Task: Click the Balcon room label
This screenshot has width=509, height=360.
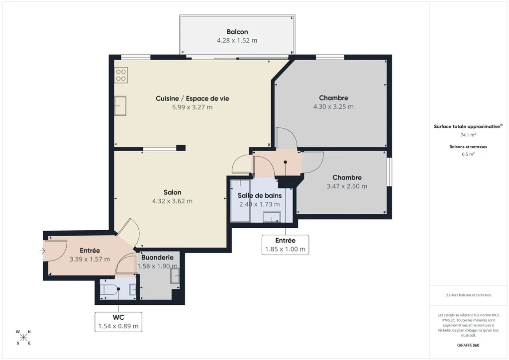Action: point(237,32)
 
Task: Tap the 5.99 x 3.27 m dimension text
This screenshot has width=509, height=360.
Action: point(192,107)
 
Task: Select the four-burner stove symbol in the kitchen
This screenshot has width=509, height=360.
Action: point(121,75)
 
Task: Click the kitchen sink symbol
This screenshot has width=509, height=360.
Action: point(120,106)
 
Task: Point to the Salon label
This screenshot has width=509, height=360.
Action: point(172,192)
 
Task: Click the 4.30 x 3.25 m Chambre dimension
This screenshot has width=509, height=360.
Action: point(333,106)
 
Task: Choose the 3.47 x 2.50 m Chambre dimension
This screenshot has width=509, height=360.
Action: point(347,186)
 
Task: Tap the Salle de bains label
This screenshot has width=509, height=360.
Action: point(260,195)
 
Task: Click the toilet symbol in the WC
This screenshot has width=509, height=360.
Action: point(108,289)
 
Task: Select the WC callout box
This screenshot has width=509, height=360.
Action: point(118,322)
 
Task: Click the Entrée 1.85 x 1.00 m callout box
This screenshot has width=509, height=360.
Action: point(285,245)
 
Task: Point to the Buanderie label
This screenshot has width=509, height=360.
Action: point(157,258)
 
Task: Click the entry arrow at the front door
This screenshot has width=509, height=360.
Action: point(42,251)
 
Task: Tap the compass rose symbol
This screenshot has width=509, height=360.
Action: point(23,337)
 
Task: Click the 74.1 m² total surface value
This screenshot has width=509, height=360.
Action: point(468,135)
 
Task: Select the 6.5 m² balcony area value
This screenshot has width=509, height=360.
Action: point(468,154)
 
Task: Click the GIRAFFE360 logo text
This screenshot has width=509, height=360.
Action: point(468,345)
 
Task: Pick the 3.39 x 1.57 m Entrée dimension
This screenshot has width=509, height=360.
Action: point(90,259)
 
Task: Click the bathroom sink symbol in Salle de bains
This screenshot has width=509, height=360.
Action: point(272,217)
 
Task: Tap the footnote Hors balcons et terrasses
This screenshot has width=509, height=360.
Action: point(468,295)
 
